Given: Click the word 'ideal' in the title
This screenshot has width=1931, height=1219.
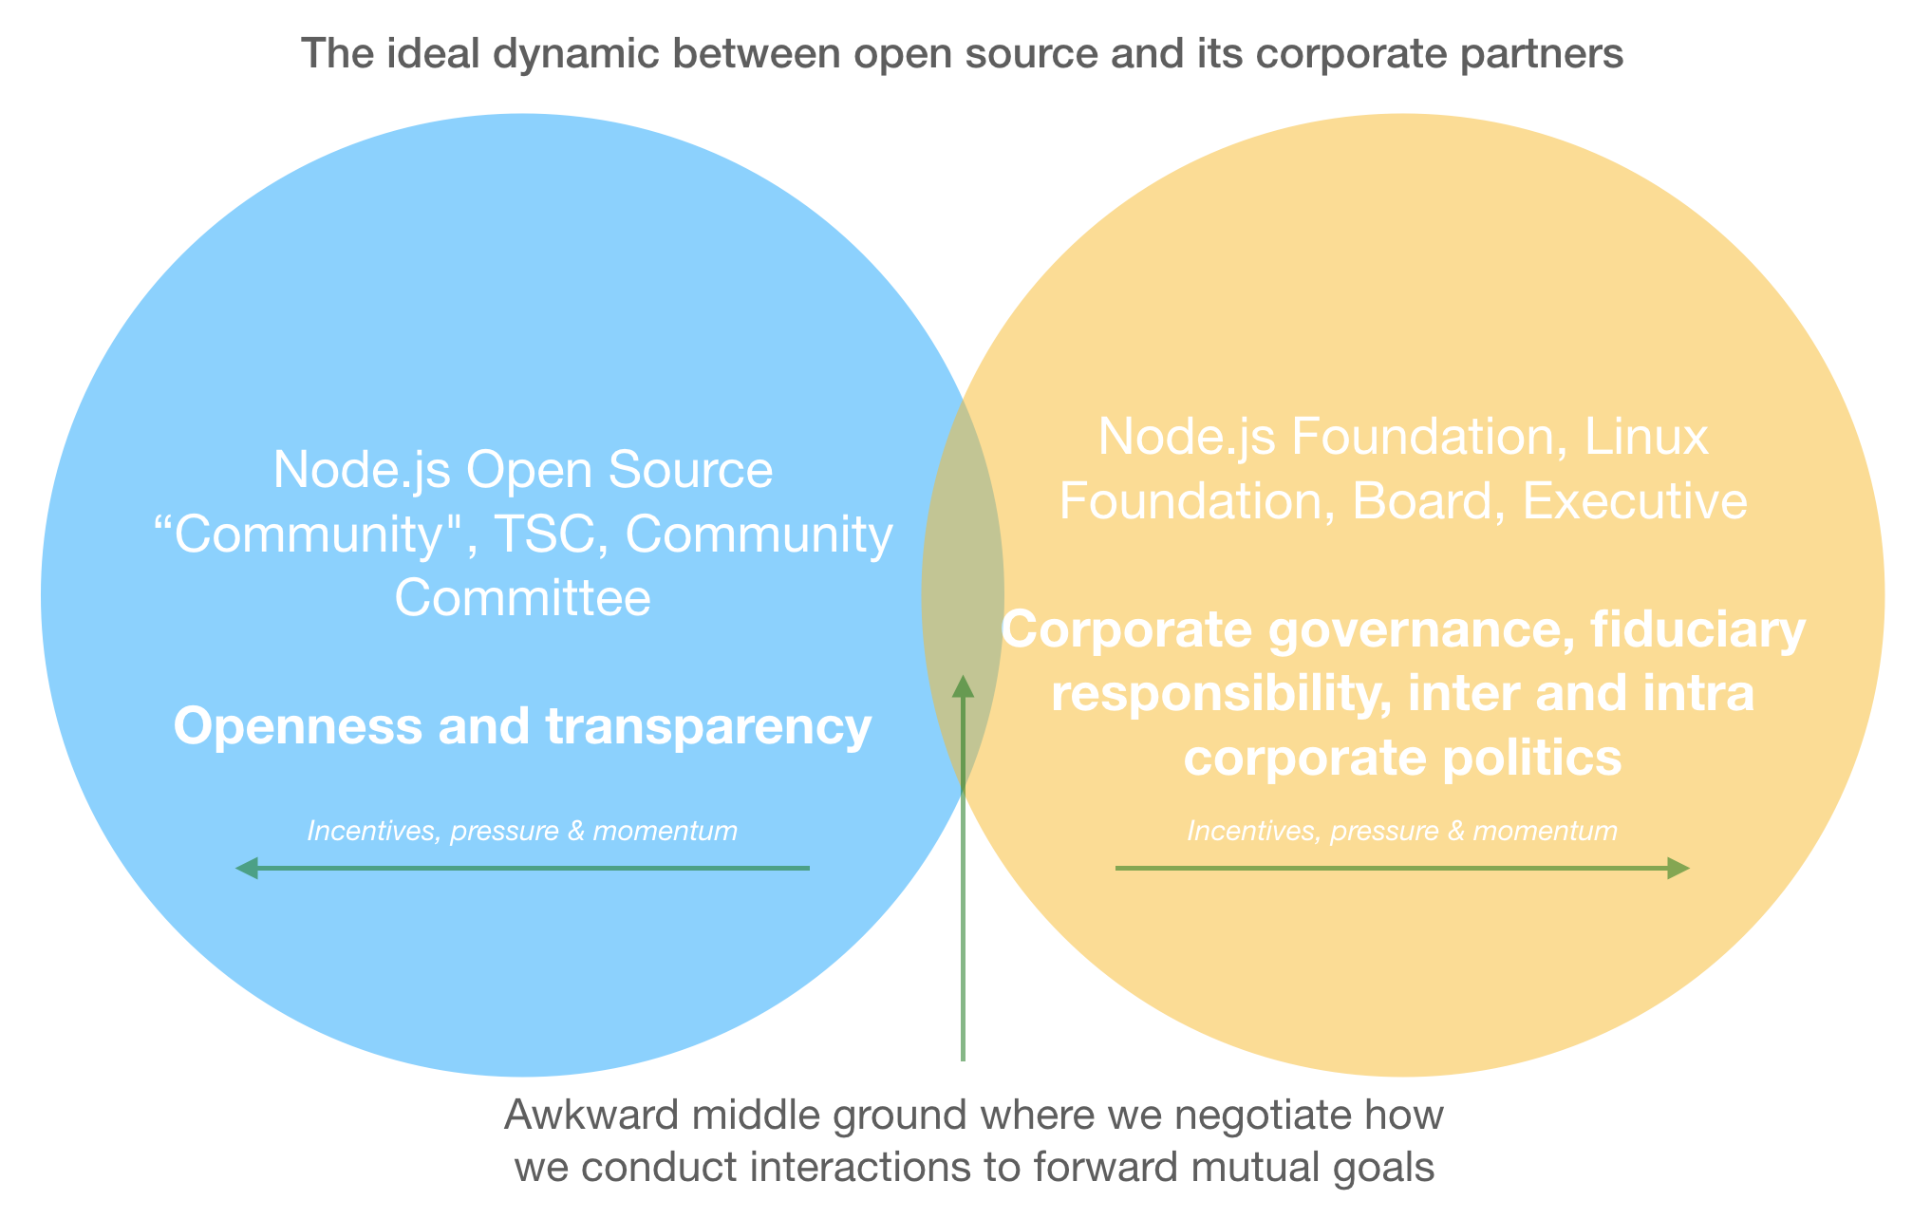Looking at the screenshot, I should tap(438, 54).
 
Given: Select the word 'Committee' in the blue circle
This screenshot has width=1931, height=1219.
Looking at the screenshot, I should tap(522, 599).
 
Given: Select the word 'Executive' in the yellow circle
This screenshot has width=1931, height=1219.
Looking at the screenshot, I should tap(1635, 501).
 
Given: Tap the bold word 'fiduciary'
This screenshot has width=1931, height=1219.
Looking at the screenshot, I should tap(1698, 630).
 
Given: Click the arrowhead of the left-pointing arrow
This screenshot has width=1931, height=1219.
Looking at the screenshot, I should tap(246, 868).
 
